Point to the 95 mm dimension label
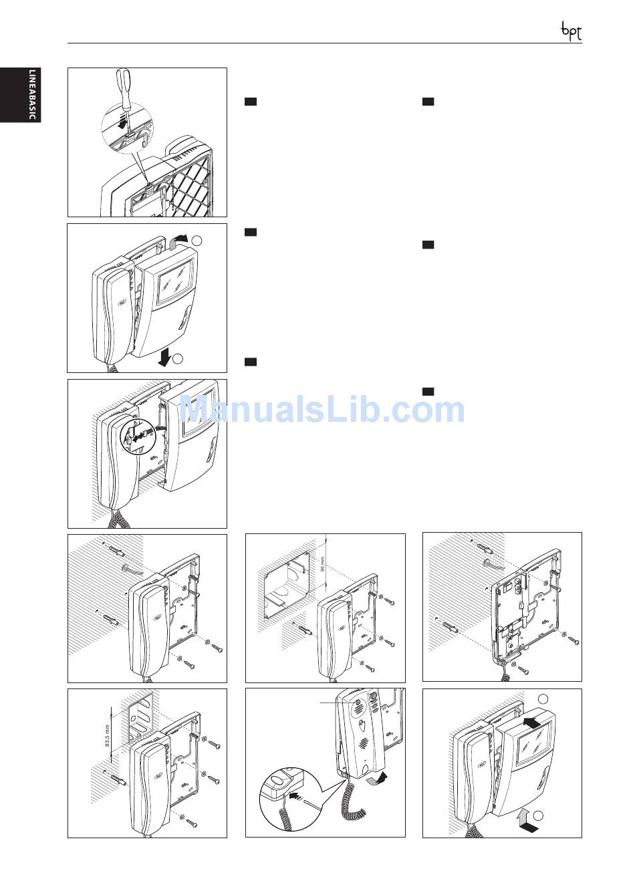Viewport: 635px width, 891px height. (x=323, y=563)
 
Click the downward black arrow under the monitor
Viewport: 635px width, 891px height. (x=164, y=358)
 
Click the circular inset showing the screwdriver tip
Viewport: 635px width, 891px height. (x=127, y=127)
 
